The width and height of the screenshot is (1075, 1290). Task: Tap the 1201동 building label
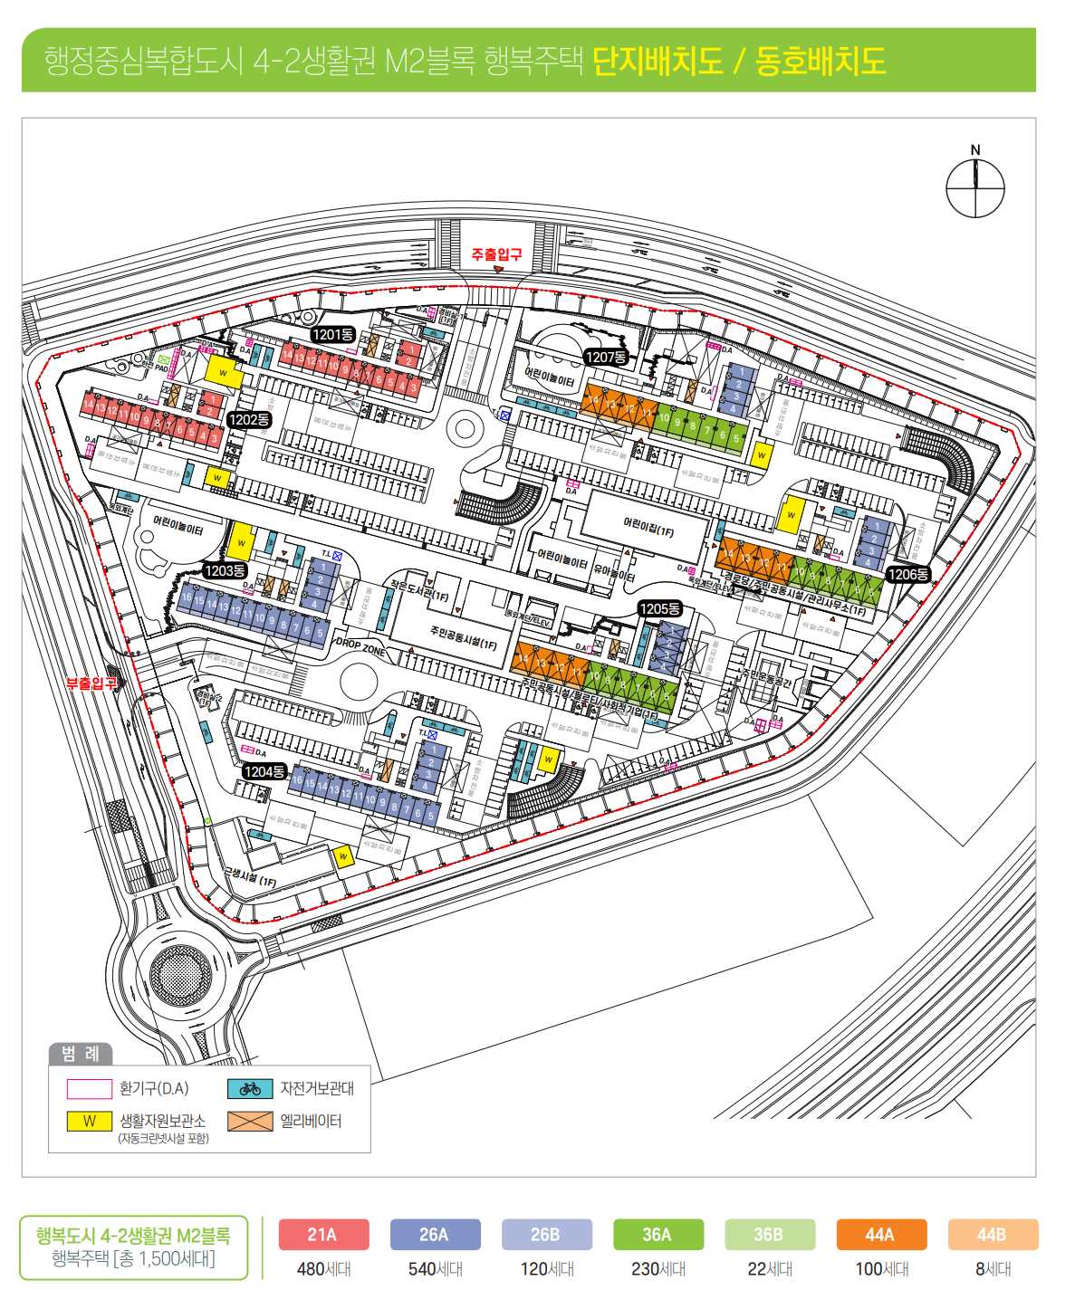coord(332,335)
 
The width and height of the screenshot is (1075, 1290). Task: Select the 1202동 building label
coord(249,420)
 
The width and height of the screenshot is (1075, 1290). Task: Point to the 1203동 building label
coord(225,570)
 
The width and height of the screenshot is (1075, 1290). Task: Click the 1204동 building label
coord(264,772)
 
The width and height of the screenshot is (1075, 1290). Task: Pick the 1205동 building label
coord(659,609)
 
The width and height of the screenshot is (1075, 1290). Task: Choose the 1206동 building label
coord(907,574)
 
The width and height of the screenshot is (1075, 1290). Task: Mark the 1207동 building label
coord(606,358)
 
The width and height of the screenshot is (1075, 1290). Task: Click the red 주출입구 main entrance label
coord(496,256)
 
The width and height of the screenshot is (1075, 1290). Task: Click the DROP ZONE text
coord(360,646)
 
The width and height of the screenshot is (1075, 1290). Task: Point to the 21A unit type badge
coord(322,1235)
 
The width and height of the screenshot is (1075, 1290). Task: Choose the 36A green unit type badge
coord(657,1235)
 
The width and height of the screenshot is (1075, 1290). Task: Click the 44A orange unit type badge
coord(880,1235)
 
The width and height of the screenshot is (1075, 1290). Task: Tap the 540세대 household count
coord(435,1269)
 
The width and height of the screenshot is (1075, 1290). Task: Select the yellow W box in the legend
coord(90,1121)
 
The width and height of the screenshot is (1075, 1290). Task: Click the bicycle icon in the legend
coord(250,1088)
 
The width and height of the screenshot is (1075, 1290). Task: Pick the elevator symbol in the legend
coord(250,1121)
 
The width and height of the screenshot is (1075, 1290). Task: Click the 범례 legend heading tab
coord(81,1054)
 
